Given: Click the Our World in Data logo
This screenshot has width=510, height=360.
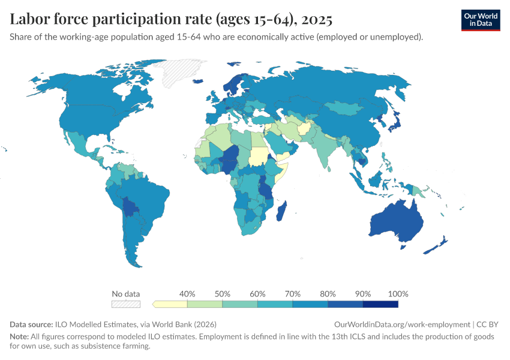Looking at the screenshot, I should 480,20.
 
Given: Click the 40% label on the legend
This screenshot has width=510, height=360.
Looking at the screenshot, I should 187,294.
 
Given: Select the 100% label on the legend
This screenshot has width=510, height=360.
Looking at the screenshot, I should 398,294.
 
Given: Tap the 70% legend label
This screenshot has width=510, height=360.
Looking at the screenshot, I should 293,294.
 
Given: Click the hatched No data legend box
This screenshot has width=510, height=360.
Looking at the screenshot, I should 126,305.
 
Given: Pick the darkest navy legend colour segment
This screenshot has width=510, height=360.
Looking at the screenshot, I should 381,305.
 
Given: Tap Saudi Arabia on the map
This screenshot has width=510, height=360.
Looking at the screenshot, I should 277,144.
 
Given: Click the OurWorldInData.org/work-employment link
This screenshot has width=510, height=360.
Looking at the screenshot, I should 401,323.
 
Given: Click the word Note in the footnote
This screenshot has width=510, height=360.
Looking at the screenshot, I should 20,337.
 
